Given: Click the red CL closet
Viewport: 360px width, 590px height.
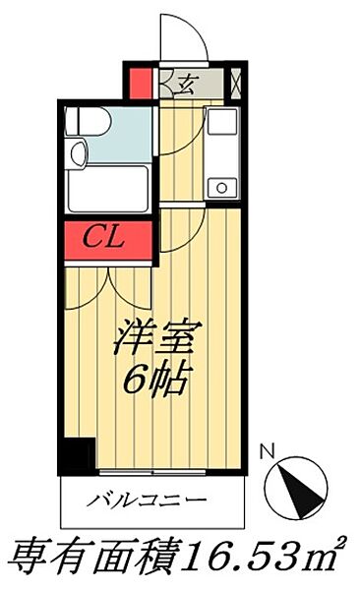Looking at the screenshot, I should click(x=109, y=237).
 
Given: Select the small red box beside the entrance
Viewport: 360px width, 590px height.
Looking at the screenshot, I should click(x=142, y=80).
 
